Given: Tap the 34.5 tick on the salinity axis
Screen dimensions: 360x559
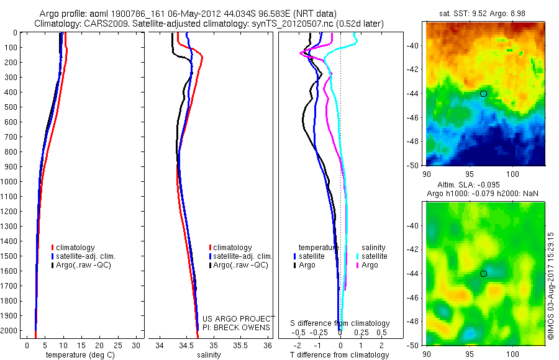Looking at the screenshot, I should click(x=186, y=344).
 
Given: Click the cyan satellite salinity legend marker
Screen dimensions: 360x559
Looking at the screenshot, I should click(x=359, y=256).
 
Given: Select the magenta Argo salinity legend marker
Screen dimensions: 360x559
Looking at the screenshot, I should click(x=359, y=265).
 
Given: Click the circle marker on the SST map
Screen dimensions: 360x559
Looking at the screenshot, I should click(x=483, y=94).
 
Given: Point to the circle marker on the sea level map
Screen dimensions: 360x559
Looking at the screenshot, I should click(x=483, y=273).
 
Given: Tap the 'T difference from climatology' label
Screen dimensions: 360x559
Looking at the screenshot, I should click(x=339, y=355).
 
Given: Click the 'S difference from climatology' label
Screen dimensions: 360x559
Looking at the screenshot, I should click(x=340, y=323).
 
